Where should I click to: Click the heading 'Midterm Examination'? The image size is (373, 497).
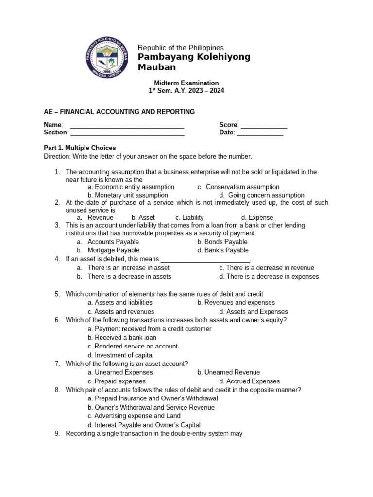[186, 83]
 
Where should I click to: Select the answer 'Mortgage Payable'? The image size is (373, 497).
[106, 250]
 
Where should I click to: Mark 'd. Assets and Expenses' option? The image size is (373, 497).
[253, 312]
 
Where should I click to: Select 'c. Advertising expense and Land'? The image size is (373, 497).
[134, 416]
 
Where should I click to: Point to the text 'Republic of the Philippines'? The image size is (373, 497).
[181, 48]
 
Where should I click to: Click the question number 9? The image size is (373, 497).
[57, 433]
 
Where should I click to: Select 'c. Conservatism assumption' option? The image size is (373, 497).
[238, 187]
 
